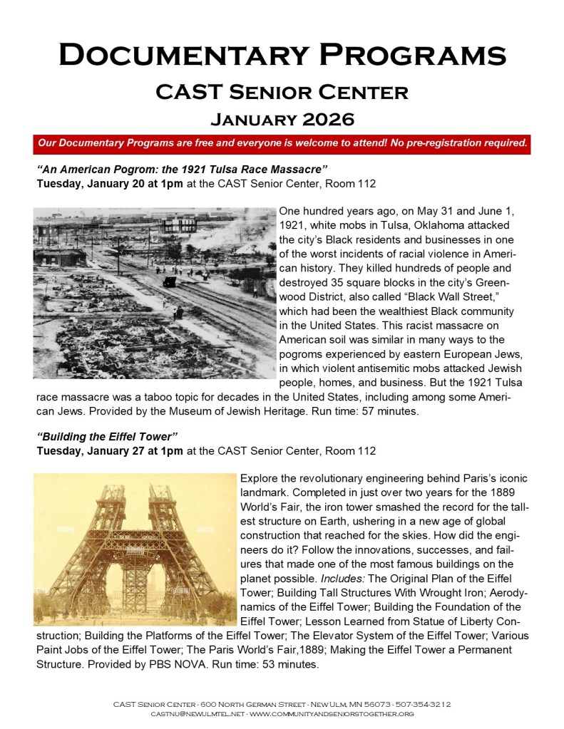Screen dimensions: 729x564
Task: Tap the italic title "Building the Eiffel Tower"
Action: (x=107, y=436)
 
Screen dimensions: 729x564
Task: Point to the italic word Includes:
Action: (x=323, y=577)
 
